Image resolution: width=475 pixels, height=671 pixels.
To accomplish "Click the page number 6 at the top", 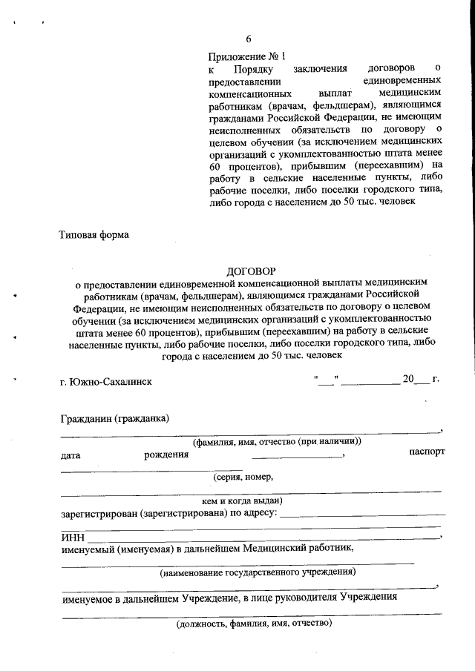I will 249,39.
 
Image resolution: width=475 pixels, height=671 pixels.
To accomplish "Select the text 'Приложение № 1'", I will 246,56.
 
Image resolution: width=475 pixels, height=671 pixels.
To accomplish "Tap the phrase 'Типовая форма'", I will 94,235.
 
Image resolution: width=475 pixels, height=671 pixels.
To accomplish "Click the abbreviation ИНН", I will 71,537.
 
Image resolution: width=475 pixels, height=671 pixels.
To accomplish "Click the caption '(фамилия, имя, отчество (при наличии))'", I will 277,442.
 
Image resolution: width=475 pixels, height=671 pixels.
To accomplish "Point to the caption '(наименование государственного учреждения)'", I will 258,572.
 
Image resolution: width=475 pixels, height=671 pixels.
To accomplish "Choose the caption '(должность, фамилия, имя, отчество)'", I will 253,624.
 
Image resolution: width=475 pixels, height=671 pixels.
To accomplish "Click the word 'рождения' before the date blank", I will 166,455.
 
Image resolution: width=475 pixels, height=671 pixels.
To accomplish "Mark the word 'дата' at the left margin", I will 71,455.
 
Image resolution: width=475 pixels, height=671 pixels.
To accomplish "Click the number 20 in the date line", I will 408,379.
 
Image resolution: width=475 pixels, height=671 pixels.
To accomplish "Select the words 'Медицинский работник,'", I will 295,549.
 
